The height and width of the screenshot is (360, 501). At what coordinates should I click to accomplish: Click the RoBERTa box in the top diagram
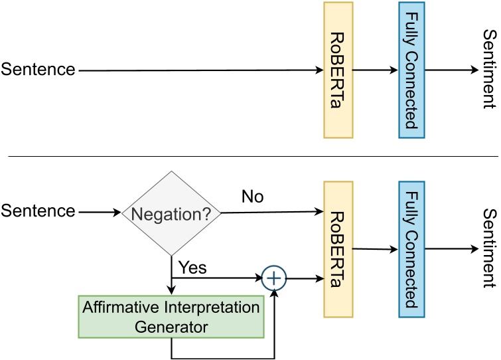tap(338, 70)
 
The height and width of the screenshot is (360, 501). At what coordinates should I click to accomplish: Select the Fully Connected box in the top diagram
tap(411, 70)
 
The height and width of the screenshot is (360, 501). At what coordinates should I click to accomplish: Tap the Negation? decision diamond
tap(171, 213)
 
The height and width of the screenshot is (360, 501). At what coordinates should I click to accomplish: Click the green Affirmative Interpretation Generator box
tap(171, 317)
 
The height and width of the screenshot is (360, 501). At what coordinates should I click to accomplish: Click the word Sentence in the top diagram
tap(38, 69)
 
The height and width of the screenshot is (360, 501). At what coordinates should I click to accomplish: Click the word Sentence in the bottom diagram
tap(38, 212)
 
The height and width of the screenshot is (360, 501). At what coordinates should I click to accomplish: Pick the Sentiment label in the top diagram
tap(489, 69)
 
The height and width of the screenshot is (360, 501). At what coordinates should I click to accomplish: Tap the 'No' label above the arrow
tap(253, 197)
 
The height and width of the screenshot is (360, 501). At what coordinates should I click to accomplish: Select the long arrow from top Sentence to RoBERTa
tap(199, 69)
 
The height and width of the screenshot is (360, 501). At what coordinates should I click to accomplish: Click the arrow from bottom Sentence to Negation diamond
tap(100, 213)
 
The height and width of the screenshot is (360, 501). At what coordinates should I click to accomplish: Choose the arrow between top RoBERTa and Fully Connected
tap(376, 69)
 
